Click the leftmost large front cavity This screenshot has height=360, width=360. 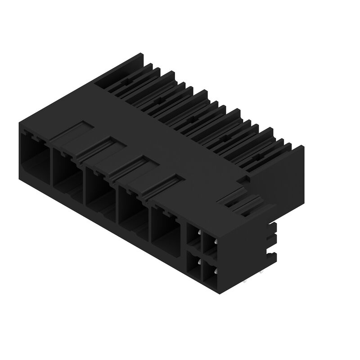tap(35, 153)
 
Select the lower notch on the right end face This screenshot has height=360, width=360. tap(272, 254)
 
